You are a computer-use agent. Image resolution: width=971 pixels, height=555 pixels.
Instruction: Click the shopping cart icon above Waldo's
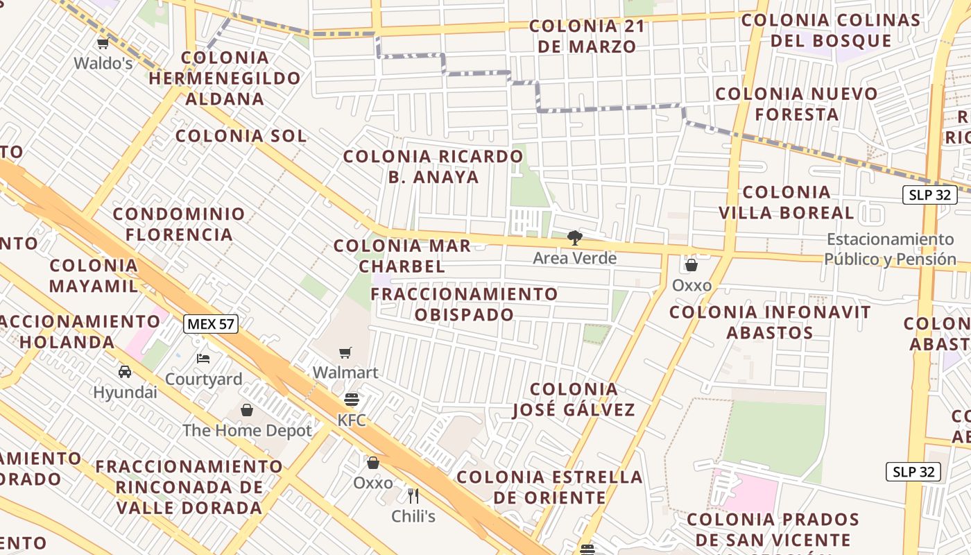[x=103, y=44]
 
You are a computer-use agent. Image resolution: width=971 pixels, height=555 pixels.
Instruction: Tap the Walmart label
[x=345, y=373]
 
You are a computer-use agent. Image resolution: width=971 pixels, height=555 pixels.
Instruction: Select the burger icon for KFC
[x=352, y=400]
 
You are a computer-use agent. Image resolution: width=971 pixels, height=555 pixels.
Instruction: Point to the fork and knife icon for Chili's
[x=413, y=495]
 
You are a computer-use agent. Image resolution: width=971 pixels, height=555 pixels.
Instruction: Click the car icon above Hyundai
[x=125, y=371]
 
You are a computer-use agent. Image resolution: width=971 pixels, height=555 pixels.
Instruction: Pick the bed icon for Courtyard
[x=203, y=358]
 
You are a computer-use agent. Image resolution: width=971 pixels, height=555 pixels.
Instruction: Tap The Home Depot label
[x=247, y=430]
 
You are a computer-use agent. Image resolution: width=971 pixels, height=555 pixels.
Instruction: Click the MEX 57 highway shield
[x=211, y=323]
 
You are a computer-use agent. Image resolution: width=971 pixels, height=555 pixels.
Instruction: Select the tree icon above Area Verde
[x=574, y=238]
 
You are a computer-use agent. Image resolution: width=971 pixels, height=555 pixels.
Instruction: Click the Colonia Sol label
[x=241, y=136]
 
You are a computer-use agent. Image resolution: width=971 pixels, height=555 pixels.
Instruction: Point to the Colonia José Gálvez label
[x=574, y=399]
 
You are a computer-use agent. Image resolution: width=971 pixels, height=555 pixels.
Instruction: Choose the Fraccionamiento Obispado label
[x=464, y=304]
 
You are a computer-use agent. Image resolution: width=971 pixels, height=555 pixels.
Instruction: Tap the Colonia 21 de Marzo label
[x=587, y=37]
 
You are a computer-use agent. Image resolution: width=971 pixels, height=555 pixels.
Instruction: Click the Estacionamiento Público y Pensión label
[x=890, y=249]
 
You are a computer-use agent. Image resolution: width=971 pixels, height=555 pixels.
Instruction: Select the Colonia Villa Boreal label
[x=786, y=202]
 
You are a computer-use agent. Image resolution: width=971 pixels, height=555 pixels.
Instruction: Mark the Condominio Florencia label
[x=179, y=224]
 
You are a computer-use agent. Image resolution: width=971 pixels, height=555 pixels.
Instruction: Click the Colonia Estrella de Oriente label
[x=549, y=487]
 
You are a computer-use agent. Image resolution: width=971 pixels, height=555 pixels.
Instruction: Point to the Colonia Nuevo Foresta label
[x=796, y=103]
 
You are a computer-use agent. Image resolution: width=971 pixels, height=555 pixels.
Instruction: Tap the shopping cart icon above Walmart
[x=345, y=352]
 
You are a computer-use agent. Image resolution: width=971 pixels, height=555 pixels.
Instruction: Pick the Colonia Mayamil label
[x=94, y=275]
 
